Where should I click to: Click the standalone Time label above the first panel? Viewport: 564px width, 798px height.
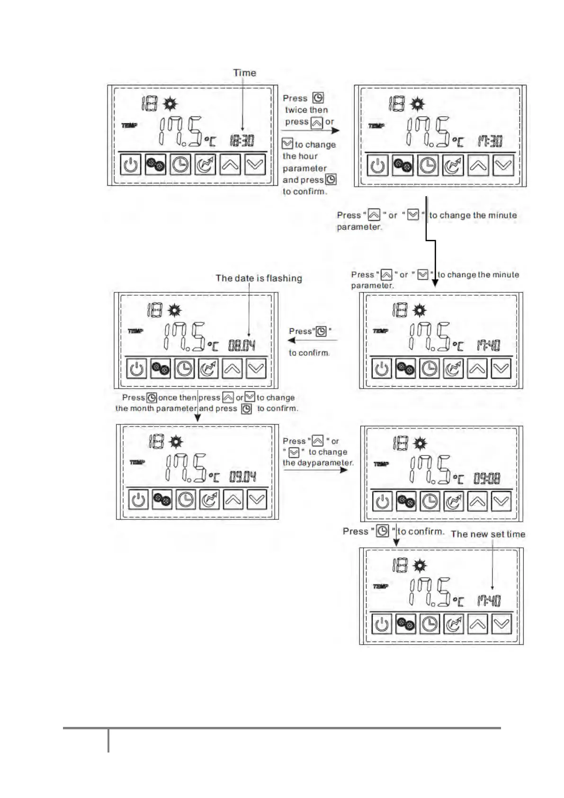[244, 73]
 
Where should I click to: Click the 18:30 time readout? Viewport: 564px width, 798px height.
[242, 141]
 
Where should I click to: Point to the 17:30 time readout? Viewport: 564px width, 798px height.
[490, 141]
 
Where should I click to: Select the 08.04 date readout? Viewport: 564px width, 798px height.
[242, 345]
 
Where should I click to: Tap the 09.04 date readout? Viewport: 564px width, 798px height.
[242, 477]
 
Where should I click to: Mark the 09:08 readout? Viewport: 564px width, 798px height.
[487, 479]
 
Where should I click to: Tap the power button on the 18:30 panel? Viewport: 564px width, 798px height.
[131, 165]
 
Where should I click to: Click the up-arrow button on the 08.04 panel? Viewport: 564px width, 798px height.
[233, 369]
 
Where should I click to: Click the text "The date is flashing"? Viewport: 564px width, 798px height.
[259, 278]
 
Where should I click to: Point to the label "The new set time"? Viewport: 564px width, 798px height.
[488, 534]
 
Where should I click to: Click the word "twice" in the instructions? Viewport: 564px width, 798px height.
[296, 110]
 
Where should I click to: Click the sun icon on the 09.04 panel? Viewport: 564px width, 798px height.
[176, 443]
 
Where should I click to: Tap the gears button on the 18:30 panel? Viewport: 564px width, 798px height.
[155, 165]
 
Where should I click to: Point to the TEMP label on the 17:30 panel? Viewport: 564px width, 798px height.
[376, 126]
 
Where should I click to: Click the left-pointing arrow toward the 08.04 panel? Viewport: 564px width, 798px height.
[313, 340]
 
